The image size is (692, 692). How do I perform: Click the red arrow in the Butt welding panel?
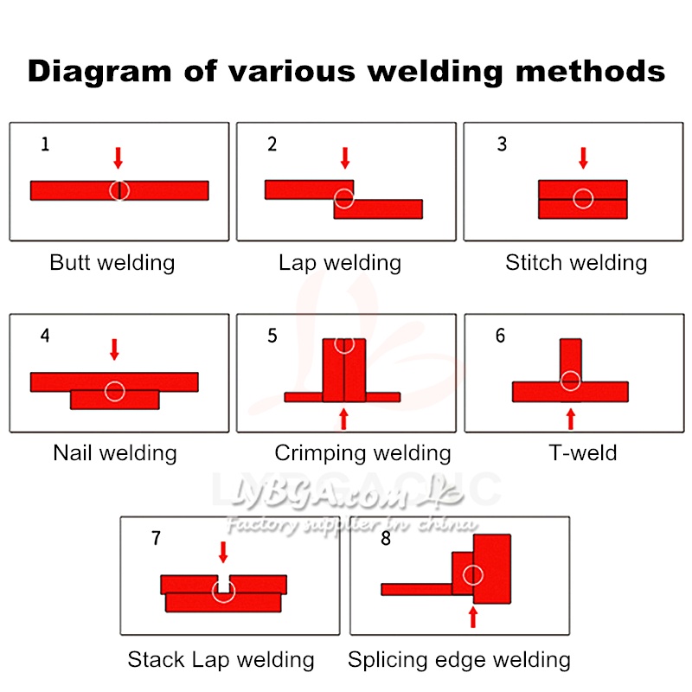tap(119, 157)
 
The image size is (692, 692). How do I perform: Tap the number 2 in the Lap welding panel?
tap(272, 144)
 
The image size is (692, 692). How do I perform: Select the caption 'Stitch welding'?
tap(576, 262)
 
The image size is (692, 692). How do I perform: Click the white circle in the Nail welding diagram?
tap(115, 391)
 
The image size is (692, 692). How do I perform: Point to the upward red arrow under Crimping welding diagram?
tap(344, 418)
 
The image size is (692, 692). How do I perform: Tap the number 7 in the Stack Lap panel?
tap(156, 538)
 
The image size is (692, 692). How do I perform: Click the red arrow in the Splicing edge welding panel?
tap(472, 616)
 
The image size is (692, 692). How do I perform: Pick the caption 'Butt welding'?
tap(112, 262)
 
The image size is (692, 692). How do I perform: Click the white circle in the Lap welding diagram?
tap(344, 200)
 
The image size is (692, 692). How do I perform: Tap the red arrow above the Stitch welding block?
tap(583, 157)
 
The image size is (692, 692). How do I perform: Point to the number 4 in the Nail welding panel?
tap(45, 336)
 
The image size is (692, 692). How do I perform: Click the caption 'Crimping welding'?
tap(362, 452)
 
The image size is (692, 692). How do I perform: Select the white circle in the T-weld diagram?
tap(570, 380)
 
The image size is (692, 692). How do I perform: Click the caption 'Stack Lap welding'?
tap(221, 660)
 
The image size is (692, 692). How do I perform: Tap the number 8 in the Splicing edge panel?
tap(386, 538)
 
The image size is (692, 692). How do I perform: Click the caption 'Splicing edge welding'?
tap(459, 660)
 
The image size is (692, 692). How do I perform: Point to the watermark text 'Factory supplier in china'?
tap(350, 525)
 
